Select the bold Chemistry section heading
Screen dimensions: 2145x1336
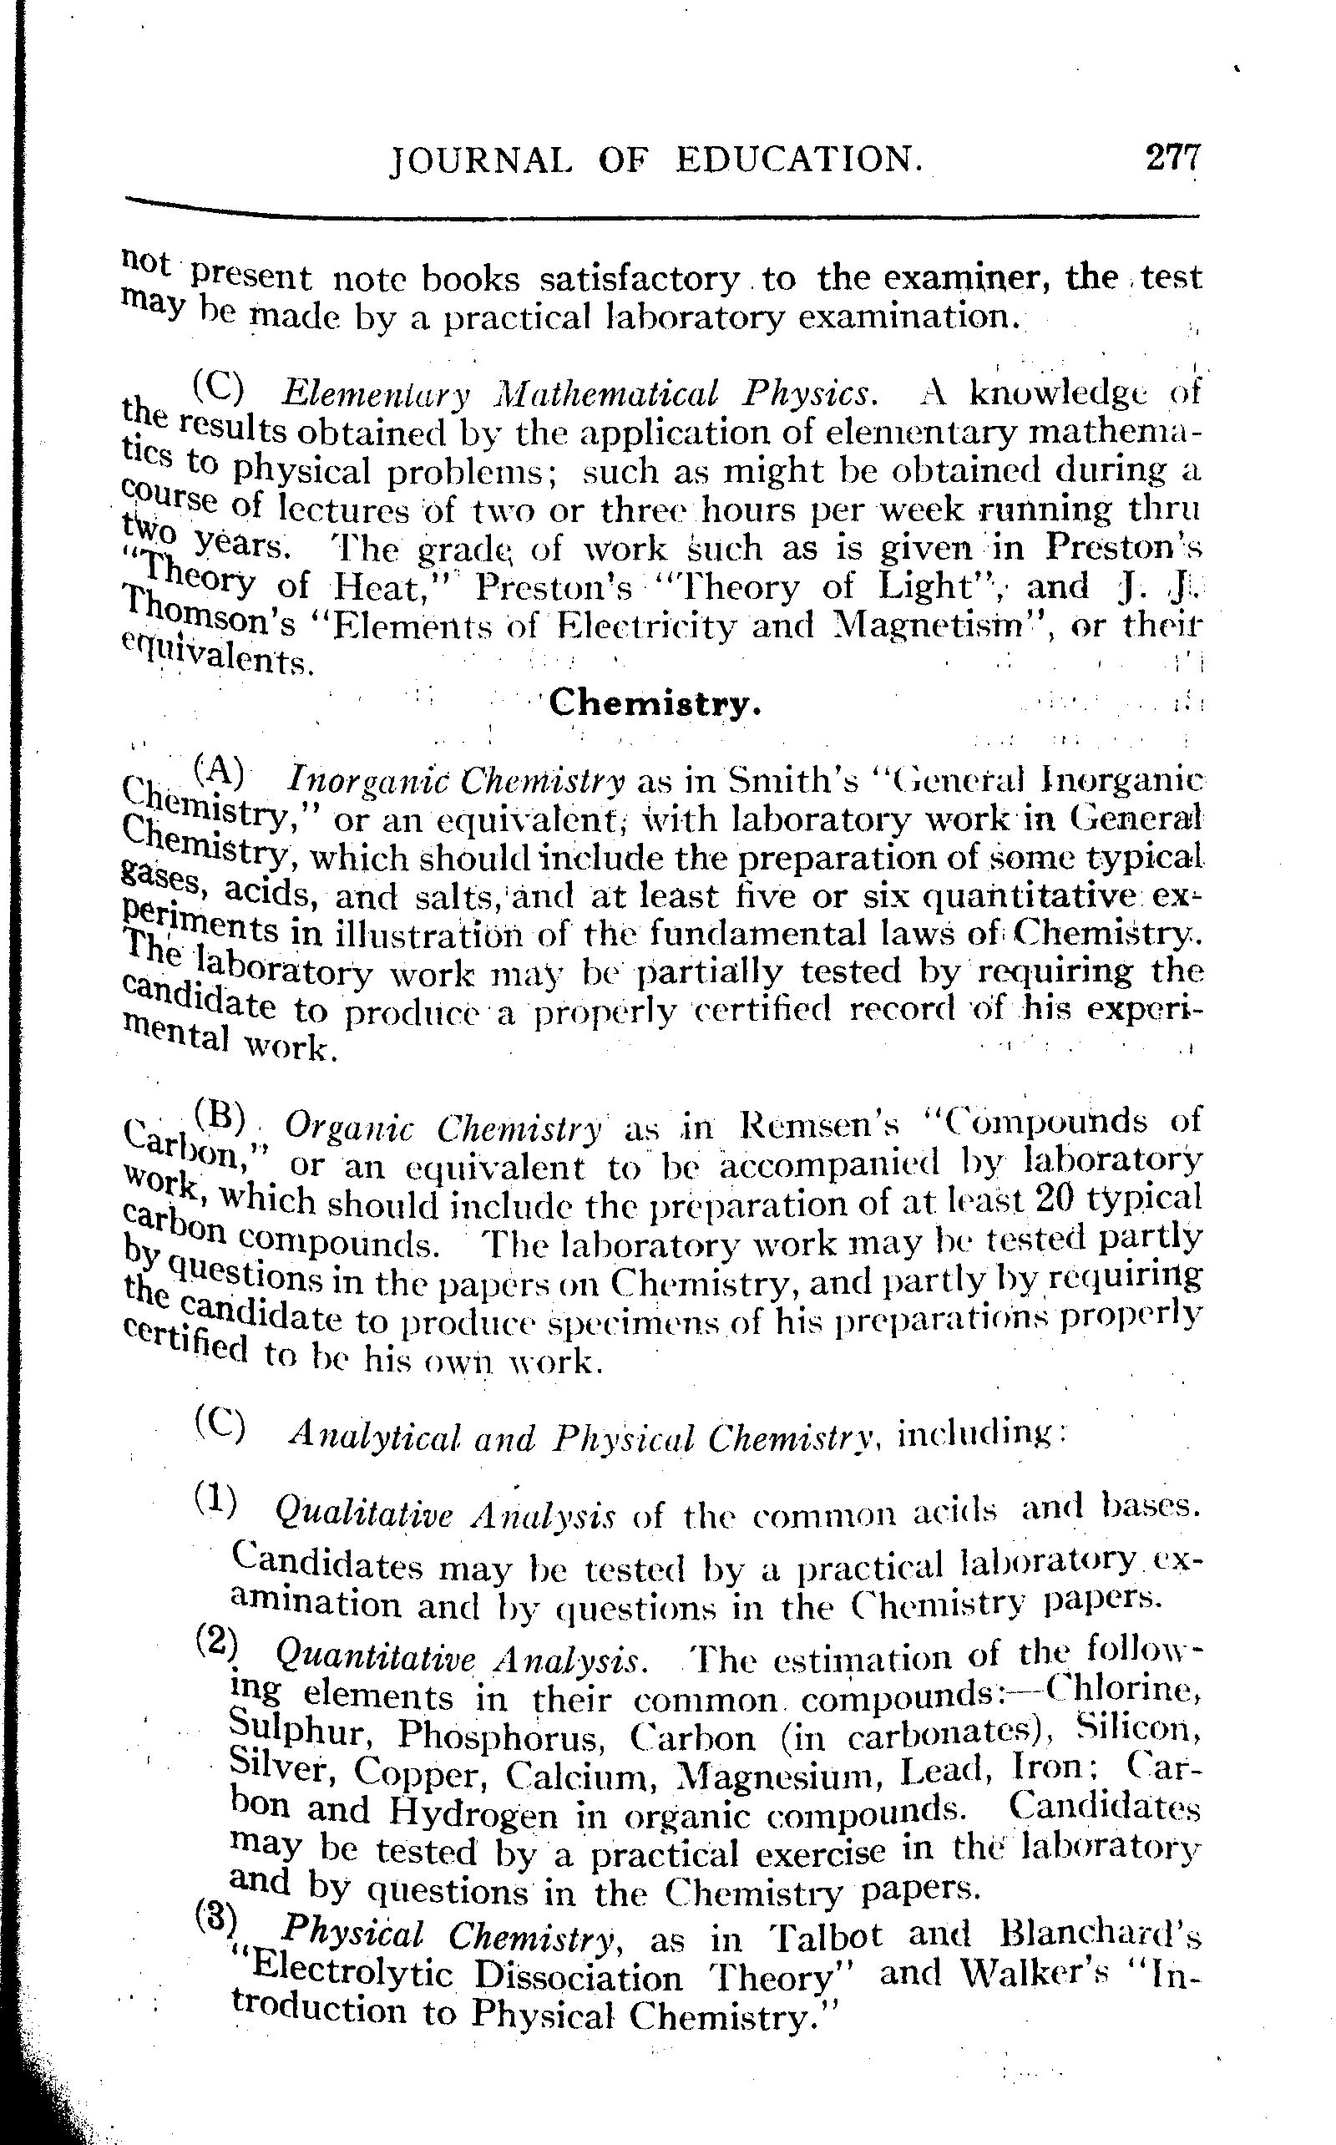pyautogui.click(x=655, y=704)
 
